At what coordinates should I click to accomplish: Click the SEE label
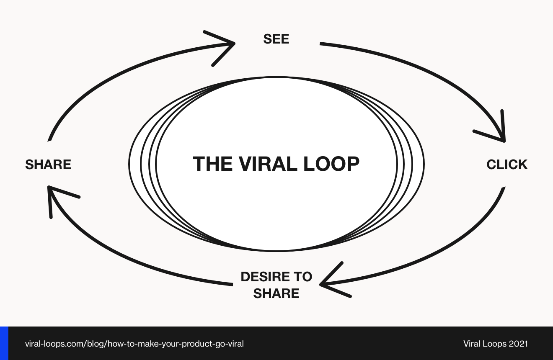pos(276,39)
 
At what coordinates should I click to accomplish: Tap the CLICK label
pos(506,165)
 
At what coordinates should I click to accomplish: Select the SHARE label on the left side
pos(48,165)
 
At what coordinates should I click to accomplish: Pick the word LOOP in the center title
pos(331,164)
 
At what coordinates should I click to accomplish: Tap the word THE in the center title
pos(212,164)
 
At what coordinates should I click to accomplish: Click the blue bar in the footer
pos(4,343)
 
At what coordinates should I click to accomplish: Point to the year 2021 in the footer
pos(518,344)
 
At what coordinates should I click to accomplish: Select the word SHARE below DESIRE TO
pos(276,293)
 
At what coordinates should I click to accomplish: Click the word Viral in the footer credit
pos(472,344)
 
